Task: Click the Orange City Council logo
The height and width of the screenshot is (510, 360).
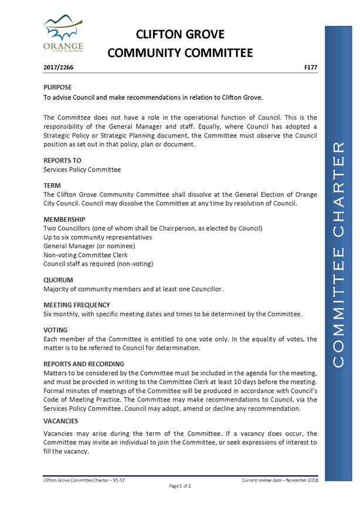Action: point(63,33)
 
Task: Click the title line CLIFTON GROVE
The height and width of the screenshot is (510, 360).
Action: point(180,34)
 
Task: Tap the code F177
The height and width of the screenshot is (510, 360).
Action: point(311,67)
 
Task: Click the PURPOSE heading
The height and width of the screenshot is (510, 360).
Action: point(58,87)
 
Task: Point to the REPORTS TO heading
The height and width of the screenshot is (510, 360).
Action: point(62,160)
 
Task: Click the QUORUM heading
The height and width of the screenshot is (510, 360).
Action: point(58,280)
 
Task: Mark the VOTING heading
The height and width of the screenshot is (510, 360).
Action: point(56,330)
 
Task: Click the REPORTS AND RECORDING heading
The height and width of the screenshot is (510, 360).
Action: point(84,364)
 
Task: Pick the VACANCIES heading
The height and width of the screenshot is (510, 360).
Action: point(61,421)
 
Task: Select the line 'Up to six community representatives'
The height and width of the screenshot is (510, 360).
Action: point(97,237)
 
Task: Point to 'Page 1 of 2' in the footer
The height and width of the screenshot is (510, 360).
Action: point(180,486)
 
